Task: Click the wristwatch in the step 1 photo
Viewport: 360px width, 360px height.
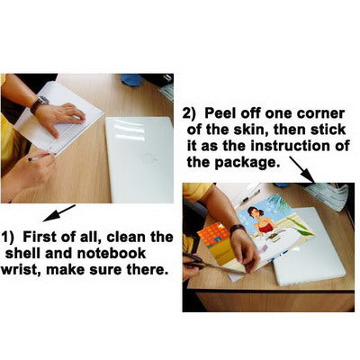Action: coord(39,103)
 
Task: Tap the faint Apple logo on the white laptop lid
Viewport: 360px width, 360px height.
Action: coord(151,157)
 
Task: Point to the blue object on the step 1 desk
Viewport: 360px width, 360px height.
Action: coord(131,79)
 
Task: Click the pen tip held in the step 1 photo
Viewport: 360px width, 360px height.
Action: coord(30,159)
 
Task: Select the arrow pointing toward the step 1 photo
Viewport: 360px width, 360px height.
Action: coord(58,213)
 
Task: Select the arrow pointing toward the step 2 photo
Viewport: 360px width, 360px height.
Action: coord(302,169)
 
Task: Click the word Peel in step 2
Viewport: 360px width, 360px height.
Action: coord(220,113)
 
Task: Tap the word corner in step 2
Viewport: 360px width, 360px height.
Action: coord(320,113)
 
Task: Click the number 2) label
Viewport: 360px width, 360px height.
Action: coord(189,114)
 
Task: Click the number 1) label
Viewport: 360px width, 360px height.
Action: coord(8,238)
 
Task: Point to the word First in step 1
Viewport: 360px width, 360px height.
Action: coord(39,237)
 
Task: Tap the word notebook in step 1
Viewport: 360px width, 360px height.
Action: coord(112,253)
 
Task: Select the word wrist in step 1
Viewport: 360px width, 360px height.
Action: coord(21,269)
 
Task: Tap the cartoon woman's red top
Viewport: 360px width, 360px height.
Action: coord(265,228)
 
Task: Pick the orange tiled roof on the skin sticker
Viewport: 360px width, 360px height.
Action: coord(213,235)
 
